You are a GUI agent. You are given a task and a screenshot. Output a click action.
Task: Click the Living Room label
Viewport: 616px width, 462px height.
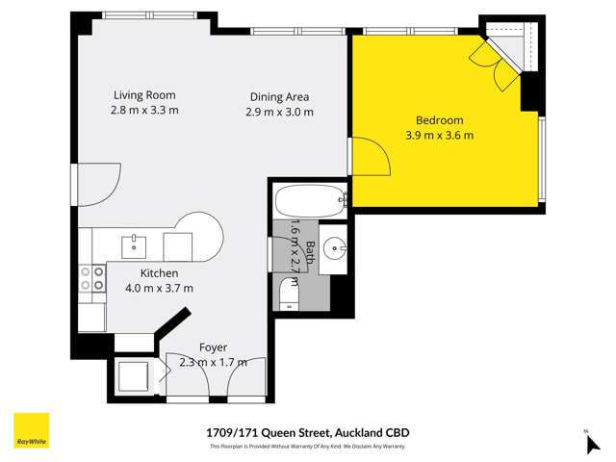tap(144, 95)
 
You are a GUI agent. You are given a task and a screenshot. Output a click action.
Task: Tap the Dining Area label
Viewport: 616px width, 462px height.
tap(279, 97)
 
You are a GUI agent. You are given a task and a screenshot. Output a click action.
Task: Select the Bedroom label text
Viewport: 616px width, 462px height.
tap(439, 120)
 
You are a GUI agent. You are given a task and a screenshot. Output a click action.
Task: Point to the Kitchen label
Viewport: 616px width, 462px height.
tap(159, 273)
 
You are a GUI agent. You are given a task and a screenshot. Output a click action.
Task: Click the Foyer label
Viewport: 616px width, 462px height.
tap(213, 347)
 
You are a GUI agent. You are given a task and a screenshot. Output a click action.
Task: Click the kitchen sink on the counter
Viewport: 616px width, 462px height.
tap(134, 245)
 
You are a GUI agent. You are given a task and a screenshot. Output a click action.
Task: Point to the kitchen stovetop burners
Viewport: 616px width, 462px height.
tap(91, 278)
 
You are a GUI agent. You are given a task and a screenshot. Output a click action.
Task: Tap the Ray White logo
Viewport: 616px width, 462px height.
tap(30, 429)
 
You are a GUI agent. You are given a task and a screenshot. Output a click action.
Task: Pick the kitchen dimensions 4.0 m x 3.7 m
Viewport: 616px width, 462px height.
tap(160, 288)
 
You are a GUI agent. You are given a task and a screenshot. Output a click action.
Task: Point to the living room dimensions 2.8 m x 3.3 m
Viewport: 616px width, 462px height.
tap(145, 111)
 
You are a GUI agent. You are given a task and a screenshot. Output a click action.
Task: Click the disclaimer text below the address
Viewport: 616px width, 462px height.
tap(307, 447)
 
